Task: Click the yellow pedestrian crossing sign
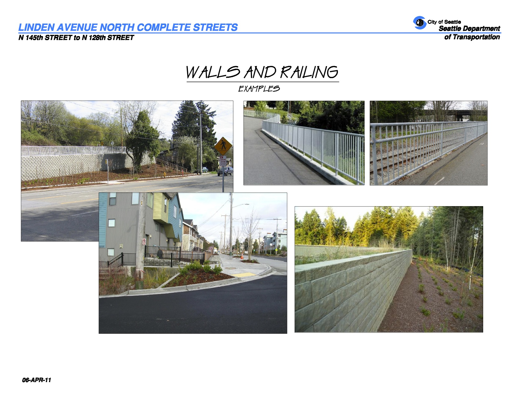point(223,146)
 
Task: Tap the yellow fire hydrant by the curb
point(165,175)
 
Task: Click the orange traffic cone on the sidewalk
point(242,256)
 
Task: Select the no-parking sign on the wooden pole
point(144,242)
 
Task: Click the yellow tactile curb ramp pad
point(243,275)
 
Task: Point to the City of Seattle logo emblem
point(419,23)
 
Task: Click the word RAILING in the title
point(309,72)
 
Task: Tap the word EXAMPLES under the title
point(259,89)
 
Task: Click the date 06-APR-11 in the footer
point(36,380)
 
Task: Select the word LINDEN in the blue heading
point(36,27)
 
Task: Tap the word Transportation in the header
point(476,37)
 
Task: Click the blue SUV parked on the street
point(225,171)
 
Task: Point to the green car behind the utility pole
point(205,170)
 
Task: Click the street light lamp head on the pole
point(246,204)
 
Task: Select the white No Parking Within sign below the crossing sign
point(223,161)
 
